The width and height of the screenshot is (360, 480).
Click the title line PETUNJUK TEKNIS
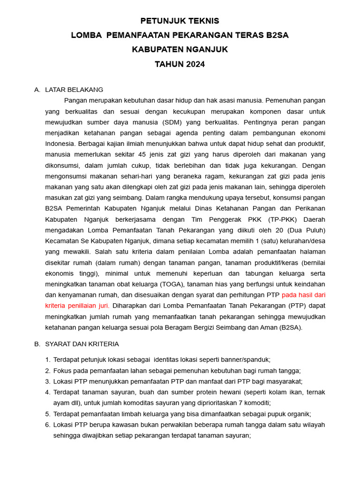[180, 21]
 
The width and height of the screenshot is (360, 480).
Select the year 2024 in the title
[194, 64]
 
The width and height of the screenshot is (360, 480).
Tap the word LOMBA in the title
[86, 36]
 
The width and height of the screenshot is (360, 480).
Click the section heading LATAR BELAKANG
[74, 90]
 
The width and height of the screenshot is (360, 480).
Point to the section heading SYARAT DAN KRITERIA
[82, 344]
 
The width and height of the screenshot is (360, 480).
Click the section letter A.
[37, 90]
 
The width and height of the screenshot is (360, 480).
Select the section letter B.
[37, 344]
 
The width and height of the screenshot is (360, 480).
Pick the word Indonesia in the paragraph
[60, 143]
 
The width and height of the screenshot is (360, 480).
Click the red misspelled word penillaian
[89, 306]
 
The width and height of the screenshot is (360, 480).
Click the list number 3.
[47, 381]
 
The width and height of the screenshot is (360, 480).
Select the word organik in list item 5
[299, 414]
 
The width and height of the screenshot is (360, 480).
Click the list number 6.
[47, 425]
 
